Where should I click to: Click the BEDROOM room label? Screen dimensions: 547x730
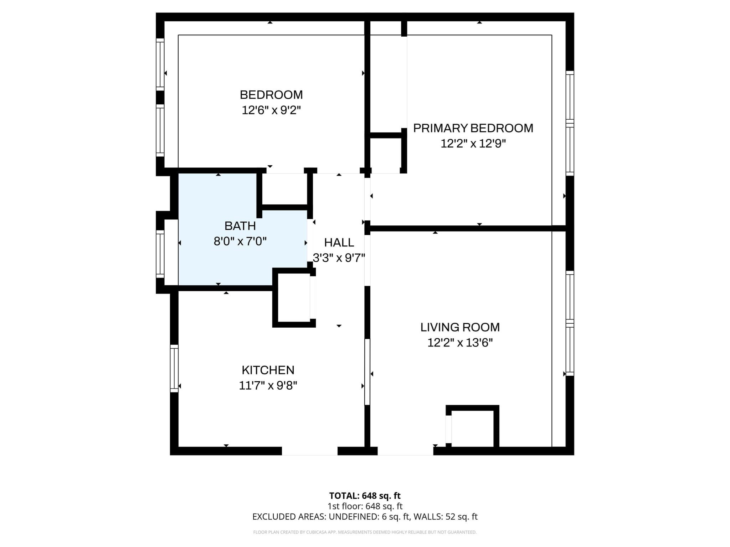271,95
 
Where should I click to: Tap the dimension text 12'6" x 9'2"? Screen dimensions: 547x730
271,110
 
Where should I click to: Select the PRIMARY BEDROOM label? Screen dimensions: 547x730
473,128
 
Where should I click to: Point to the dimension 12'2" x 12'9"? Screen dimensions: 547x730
473,144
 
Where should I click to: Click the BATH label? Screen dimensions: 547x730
240,226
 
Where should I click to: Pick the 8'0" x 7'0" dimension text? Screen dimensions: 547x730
240,242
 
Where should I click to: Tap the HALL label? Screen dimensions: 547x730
339,243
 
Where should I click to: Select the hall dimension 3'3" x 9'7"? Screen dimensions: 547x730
339,258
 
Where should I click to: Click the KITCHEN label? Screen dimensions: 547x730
268,370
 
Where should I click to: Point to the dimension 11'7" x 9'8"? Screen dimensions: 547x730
268,386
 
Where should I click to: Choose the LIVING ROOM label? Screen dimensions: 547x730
460,327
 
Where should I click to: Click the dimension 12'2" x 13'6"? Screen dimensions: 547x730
460,343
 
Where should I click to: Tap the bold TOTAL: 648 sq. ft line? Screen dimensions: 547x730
365,496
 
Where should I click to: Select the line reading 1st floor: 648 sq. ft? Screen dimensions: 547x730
365,506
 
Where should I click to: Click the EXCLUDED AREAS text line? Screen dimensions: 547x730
365,517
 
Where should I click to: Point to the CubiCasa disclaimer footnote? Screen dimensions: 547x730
365,532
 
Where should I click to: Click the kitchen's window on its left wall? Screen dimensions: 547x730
174,368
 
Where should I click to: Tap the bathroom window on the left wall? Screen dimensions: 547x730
160,254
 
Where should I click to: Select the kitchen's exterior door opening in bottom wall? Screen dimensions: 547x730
309,451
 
